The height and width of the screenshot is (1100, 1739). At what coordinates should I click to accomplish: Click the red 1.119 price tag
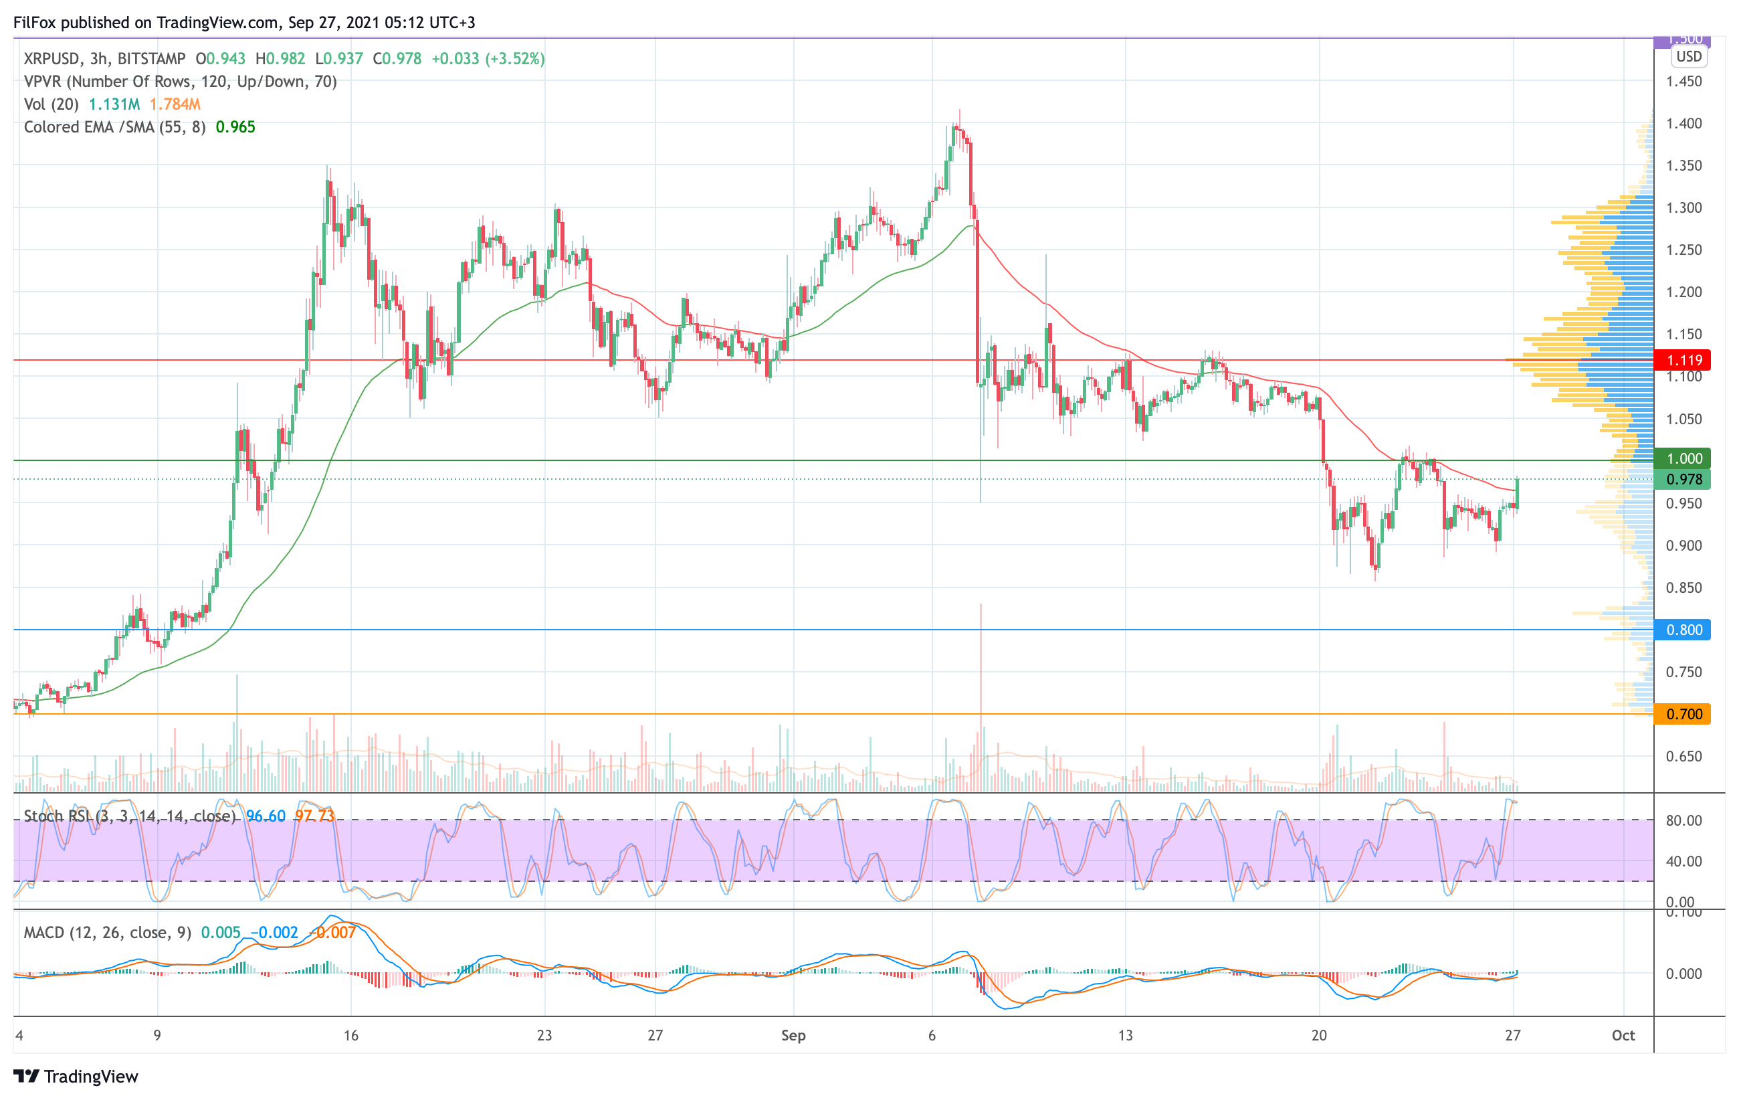click(1683, 360)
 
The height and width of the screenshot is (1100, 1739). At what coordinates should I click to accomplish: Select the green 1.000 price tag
click(1683, 458)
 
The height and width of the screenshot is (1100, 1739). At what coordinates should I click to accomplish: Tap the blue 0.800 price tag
click(1683, 630)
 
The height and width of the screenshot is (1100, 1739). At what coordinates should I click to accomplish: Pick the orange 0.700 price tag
click(1683, 715)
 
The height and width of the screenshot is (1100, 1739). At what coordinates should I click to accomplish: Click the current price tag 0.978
click(1683, 480)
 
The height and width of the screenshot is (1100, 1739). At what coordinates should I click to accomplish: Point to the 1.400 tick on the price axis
click(1683, 124)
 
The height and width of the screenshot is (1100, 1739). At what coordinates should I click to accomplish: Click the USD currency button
click(1688, 56)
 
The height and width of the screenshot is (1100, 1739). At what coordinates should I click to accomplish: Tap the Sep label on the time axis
click(793, 1036)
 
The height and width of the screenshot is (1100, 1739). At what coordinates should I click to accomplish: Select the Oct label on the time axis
click(1623, 1036)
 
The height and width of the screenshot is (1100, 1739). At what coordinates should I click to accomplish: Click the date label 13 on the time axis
click(1125, 1036)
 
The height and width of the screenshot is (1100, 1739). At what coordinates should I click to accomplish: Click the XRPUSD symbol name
click(52, 58)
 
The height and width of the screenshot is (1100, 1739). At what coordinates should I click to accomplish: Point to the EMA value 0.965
click(235, 127)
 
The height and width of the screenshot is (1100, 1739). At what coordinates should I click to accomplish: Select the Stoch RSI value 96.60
click(266, 816)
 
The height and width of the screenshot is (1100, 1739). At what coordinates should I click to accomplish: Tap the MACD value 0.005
click(220, 933)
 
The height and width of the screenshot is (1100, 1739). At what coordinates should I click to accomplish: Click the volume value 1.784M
click(175, 104)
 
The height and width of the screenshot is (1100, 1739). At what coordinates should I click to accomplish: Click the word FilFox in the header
click(35, 22)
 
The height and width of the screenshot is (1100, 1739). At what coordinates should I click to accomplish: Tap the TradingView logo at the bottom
click(76, 1076)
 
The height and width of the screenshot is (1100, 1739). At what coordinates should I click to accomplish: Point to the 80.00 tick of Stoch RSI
click(1683, 820)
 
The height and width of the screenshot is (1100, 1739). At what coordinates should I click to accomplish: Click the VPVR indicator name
click(43, 82)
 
